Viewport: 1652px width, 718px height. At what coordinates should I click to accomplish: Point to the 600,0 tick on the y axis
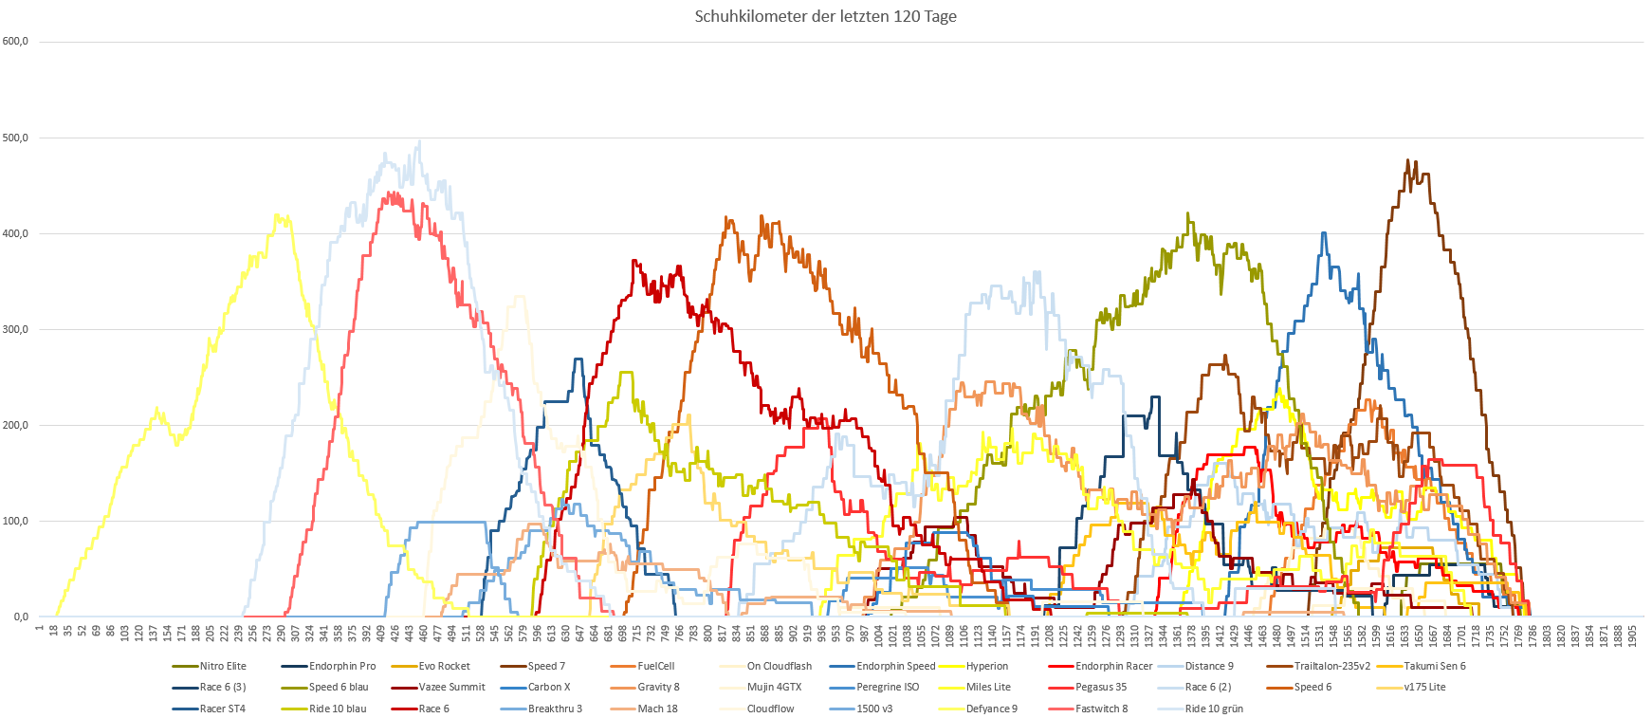click(15, 42)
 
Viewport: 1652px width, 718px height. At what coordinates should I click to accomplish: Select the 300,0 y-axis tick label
click(15, 329)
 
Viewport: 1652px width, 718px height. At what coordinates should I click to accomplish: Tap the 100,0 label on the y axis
click(15, 521)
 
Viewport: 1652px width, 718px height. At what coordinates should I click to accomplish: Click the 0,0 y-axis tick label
click(21, 617)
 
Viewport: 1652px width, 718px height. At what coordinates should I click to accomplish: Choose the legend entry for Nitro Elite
click(223, 666)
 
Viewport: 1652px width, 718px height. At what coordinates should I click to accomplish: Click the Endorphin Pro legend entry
click(342, 666)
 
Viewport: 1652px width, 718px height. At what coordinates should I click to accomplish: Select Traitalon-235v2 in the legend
click(1331, 666)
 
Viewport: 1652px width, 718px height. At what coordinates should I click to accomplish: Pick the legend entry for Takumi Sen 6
click(1434, 666)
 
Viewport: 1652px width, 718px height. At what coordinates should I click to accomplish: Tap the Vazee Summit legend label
click(451, 687)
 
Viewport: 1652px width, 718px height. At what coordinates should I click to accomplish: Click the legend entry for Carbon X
click(549, 687)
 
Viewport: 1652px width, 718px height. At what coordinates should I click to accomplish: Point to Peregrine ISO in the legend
click(888, 687)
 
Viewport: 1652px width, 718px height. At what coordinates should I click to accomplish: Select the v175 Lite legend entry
click(1424, 687)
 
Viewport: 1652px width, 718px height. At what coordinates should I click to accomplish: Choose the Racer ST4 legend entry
click(222, 709)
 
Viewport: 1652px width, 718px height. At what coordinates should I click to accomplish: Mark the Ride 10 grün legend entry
click(1213, 709)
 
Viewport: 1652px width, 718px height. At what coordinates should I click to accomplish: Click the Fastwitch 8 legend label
click(1101, 709)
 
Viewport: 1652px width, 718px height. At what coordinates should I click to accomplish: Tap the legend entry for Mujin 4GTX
click(774, 687)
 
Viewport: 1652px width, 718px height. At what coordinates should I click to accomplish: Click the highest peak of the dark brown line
click(1408, 160)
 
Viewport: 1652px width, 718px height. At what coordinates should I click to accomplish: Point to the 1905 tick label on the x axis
click(1632, 635)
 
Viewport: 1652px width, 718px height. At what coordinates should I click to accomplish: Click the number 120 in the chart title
click(903, 16)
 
